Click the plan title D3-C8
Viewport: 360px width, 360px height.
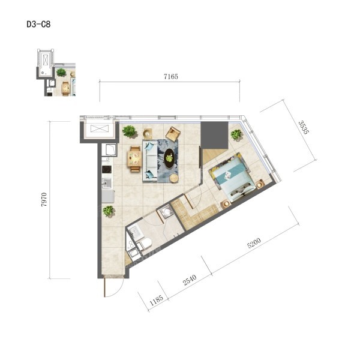click(x=38, y=24)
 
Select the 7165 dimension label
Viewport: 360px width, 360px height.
click(x=171, y=76)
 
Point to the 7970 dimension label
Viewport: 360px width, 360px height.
click(x=44, y=200)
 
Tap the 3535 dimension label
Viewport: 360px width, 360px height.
click(x=304, y=127)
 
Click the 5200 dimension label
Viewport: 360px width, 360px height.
click(x=254, y=243)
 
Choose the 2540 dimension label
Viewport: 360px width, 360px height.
click(x=190, y=280)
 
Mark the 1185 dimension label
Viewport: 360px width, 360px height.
click(x=157, y=300)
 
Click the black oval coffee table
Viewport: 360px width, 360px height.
click(x=169, y=158)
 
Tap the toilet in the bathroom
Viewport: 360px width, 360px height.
click(x=145, y=244)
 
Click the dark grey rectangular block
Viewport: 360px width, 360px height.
click(x=214, y=135)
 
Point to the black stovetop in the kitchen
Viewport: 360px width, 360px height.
click(x=107, y=169)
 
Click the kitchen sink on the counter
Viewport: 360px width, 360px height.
click(x=107, y=183)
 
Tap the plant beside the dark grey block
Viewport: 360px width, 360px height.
click(x=236, y=134)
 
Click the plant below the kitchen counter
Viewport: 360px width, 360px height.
click(x=109, y=211)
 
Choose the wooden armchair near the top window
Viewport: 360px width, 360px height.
click(x=173, y=134)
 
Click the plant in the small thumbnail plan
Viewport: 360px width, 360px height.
click(x=61, y=73)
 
